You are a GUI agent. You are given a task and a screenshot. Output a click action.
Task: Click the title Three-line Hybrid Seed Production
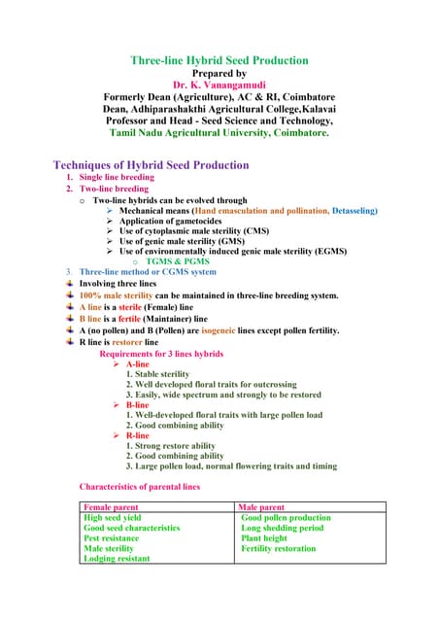[219, 60]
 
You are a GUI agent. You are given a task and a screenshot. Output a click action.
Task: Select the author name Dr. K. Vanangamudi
[219, 86]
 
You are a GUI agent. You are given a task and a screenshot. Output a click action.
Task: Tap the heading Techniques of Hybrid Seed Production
[151, 165]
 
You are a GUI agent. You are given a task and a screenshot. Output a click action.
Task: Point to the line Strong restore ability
[176, 446]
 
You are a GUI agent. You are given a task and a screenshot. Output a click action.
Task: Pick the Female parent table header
[112, 506]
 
